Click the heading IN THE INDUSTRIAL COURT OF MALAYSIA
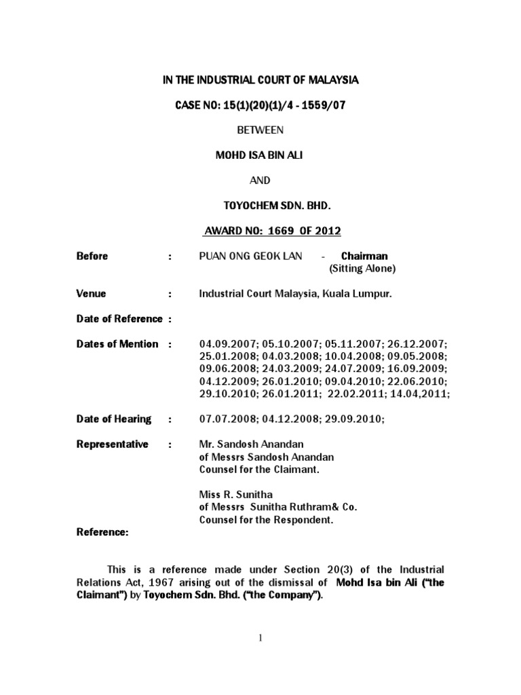(x=260, y=80)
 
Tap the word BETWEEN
(x=260, y=130)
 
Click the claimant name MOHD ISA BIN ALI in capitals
(x=260, y=155)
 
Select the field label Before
(x=92, y=256)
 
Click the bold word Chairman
(x=364, y=256)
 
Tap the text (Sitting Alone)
(x=362, y=269)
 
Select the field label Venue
(x=91, y=294)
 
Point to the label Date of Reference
(x=119, y=318)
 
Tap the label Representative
(x=112, y=444)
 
